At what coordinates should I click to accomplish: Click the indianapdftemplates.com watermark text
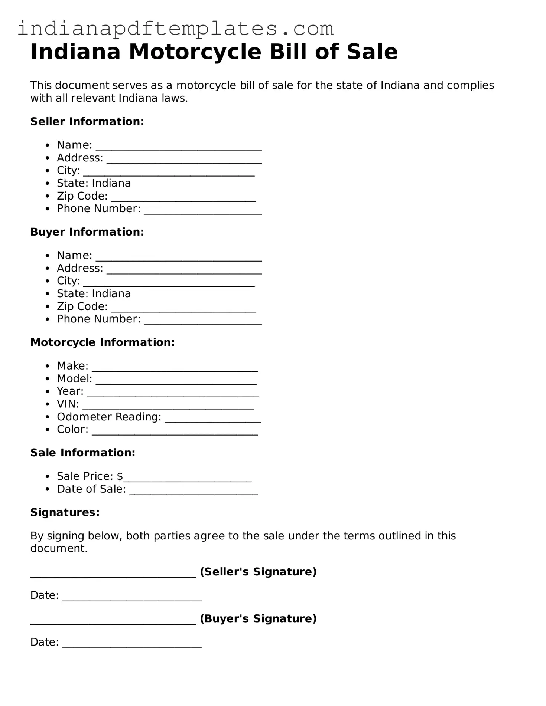pyautogui.click(x=175, y=29)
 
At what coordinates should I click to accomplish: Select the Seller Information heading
pyautogui.click(x=87, y=121)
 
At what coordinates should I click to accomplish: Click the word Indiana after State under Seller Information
pyautogui.click(x=111, y=183)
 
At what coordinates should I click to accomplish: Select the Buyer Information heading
pyautogui.click(x=87, y=232)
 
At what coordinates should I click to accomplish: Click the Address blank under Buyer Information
pyautogui.click(x=184, y=270)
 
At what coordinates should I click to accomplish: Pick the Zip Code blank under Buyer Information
pyautogui.click(x=183, y=309)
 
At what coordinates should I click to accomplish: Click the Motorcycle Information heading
pyautogui.click(x=102, y=342)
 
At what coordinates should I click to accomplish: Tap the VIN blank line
pyautogui.click(x=168, y=406)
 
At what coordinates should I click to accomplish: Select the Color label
pyautogui.click(x=72, y=429)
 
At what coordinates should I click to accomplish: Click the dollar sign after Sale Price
pyautogui.click(x=120, y=476)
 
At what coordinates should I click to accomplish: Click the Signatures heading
pyautogui.click(x=65, y=512)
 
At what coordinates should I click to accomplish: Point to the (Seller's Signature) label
pyautogui.click(x=258, y=572)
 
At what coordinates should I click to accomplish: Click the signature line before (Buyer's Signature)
pyautogui.click(x=113, y=621)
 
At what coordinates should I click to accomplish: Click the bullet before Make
pyautogui.click(x=47, y=366)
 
